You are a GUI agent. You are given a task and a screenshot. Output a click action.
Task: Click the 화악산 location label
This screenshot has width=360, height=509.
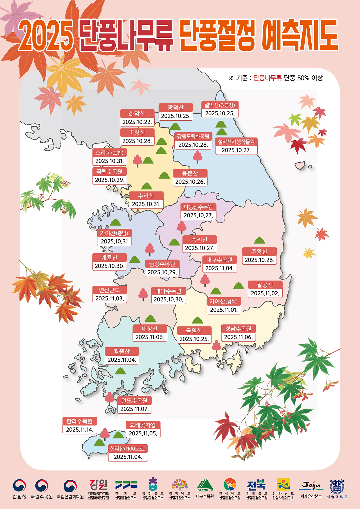click(x=137, y=114)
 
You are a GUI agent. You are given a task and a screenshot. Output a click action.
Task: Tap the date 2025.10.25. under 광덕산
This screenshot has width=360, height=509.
click(x=176, y=116)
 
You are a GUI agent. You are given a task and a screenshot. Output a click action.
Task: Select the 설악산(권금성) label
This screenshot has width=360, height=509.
click(x=220, y=105)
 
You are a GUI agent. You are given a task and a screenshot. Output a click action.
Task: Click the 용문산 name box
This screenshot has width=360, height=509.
click(x=190, y=173)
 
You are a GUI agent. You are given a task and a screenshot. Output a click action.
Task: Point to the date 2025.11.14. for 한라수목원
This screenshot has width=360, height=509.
click(x=80, y=429)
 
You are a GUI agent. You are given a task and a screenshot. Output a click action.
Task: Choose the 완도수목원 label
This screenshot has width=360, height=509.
click(x=134, y=400)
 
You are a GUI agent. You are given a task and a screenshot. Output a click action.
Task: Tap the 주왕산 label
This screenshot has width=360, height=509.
click(x=259, y=251)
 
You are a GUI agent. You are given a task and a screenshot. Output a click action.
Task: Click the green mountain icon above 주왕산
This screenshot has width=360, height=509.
click(x=259, y=240)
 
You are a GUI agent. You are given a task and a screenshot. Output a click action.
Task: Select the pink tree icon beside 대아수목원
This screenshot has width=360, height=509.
click(x=143, y=294)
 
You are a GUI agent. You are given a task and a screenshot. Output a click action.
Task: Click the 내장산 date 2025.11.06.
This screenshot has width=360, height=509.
click(x=150, y=337)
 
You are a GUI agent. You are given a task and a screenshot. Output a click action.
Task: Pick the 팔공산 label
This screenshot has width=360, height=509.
click(x=265, y=285)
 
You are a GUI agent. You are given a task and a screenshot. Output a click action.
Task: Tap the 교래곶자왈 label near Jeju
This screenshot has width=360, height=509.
click(x=143, y=425)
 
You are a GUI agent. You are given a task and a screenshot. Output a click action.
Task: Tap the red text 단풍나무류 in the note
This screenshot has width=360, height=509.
click(x=267, y=78)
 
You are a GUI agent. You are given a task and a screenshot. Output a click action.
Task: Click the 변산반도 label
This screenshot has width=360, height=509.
click(x=109, y=290)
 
